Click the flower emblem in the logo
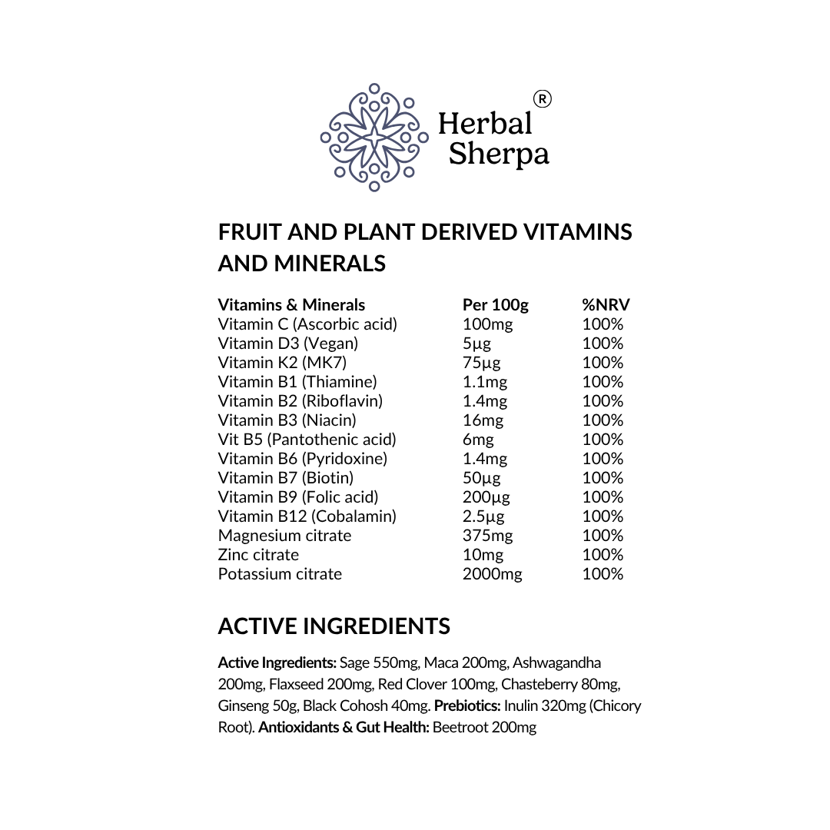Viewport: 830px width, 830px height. tap(374, 138)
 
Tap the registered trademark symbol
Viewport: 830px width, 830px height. tap(542, 99)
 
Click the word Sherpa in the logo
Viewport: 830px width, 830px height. tap(499, 154)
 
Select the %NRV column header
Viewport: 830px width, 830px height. tap(606, 305)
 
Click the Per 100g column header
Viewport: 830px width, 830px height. tap(495, 305)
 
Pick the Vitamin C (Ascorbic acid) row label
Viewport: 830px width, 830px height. tap(307, 324)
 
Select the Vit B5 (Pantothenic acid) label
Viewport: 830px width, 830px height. tap(307, 440)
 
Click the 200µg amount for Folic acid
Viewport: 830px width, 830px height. tap(486, 497)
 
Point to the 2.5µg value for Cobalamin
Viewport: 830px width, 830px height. tap(483, 516)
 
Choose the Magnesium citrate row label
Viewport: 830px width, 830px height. tap(284, 536)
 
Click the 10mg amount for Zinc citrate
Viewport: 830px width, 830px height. tap(483, 555)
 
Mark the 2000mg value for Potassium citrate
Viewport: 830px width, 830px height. tap(492, 574)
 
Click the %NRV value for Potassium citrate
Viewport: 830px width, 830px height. tap(603, 574)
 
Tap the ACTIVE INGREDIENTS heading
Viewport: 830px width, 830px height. tap(334, 626)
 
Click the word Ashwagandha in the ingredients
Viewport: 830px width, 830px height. tap(557, 662)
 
